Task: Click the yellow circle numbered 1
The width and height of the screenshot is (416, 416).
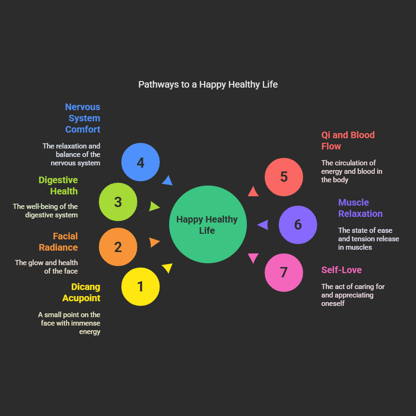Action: point(141,287)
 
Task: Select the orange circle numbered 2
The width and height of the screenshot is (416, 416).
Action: point(118,247)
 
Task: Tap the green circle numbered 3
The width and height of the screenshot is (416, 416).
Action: point(118,202)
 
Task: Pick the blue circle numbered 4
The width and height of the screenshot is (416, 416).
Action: point(141,162)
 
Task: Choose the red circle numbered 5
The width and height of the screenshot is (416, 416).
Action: point(284,177)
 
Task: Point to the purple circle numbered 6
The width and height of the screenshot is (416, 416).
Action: point(298,225)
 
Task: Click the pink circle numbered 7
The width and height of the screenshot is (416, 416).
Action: point(284,273)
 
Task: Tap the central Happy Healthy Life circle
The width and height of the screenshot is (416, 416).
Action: point(208,224)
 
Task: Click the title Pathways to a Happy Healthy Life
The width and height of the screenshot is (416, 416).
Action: point(208,84)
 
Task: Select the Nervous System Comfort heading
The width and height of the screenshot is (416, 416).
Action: point(83,118)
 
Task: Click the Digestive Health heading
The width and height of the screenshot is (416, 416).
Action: point(59,186)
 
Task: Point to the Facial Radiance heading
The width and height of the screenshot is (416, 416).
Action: point(59,242)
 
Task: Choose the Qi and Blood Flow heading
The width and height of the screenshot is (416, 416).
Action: point(348,141)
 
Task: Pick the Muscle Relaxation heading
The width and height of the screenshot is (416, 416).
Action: point(360,208)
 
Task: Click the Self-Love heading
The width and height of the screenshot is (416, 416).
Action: point(342,270)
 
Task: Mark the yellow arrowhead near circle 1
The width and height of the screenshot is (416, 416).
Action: point(168,268)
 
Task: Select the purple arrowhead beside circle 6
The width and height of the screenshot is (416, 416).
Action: point(263,225)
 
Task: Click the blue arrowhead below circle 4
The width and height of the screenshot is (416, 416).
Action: point(167,180)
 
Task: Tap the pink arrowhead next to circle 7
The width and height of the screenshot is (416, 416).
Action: point(253,258)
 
